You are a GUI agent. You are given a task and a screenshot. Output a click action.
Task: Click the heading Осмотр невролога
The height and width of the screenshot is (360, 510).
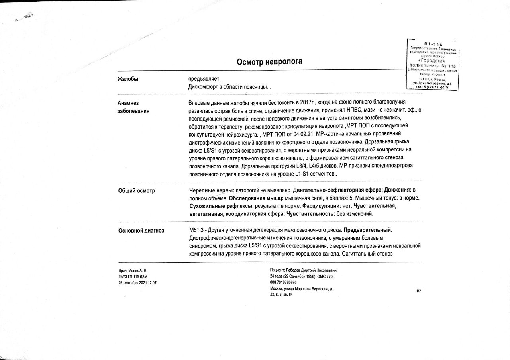[269, 61]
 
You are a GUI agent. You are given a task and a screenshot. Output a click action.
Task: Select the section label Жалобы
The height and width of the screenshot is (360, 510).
[128, 79]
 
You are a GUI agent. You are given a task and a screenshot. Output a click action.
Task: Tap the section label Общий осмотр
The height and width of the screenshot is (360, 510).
[137, 191]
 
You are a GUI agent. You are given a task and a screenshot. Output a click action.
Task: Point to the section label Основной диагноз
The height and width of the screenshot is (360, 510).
[141, 231]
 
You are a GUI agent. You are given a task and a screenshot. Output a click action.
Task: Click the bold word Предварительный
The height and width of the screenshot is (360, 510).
[368, 230]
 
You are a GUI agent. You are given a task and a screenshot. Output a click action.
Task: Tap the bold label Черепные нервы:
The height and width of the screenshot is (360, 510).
[211, 190]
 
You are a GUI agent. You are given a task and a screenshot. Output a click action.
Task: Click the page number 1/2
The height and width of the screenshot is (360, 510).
[418, 291]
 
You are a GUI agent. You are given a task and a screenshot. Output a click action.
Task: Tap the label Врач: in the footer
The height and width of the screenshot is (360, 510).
[123, 271]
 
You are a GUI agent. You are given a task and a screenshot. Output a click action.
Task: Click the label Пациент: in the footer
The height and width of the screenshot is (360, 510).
[278, 270]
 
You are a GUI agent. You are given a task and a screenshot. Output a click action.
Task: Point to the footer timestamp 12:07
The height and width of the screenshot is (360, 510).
[152, 282]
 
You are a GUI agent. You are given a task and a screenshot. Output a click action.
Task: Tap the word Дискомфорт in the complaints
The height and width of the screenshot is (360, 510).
[203, 87]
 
